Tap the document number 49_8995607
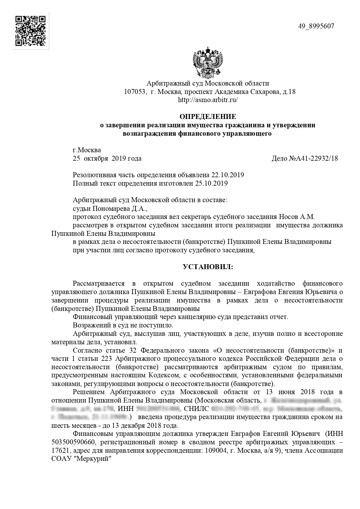click(x=316, y=26)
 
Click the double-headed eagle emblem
click(x=208, y=62)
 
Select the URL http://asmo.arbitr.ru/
click(x=208, y=100)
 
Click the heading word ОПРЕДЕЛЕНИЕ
click(x=208, y=117)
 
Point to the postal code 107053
click(x=134, y=92)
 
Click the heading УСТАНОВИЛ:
click(x=208, y=267)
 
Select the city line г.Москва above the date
click(x=87, y=150)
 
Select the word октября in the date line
click(x=95, y=159)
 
